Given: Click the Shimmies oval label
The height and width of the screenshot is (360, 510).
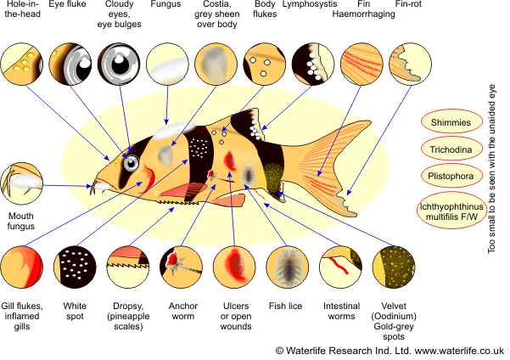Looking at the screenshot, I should (450, 121).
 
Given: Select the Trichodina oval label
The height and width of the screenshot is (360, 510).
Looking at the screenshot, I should (450, 149).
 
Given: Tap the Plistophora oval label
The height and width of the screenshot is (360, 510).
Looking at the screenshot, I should (450, 177).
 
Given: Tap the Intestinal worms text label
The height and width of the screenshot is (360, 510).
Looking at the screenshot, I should (341, 312).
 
